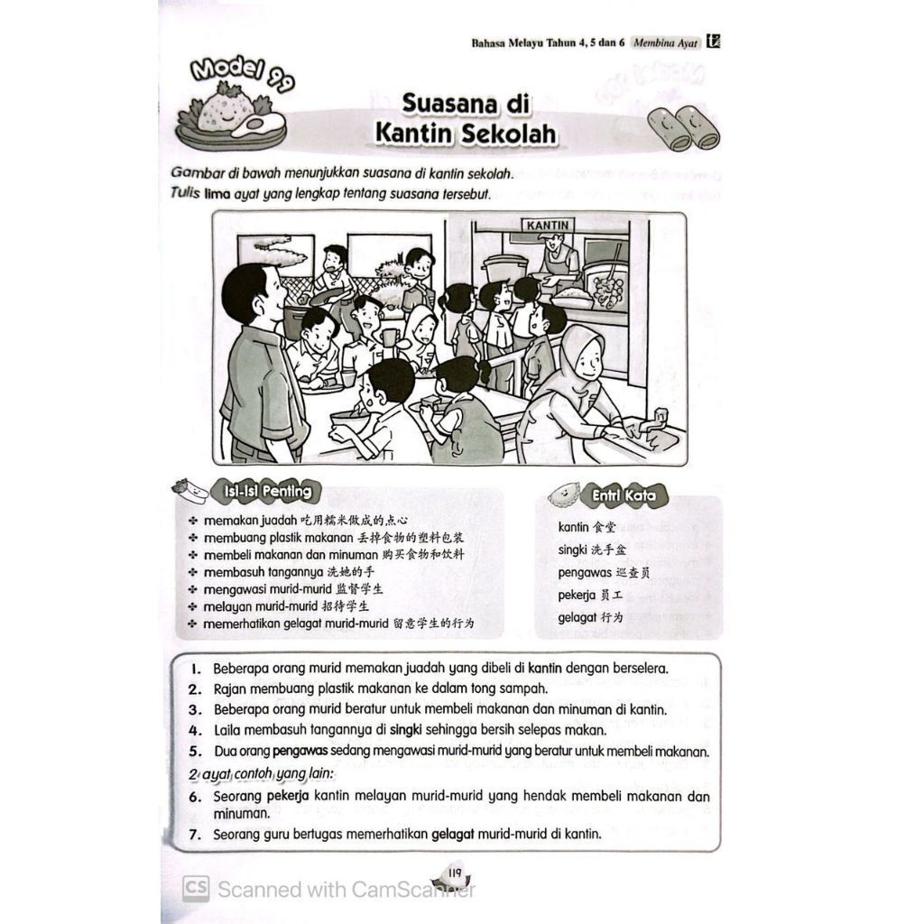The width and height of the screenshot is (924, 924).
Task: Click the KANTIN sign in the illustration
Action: (x=548, y=226)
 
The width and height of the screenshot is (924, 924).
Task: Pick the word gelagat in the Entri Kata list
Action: (x=578, y=618)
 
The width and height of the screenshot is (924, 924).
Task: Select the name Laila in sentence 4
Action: (x=227, y=730)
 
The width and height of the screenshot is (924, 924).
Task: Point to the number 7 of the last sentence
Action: (x=194, y=835)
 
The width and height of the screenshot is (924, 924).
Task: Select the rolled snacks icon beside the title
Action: (x=684, y=126)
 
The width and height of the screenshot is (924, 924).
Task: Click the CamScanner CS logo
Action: (x=196, y=889)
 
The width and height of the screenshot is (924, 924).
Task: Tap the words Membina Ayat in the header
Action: (x=666, y=42)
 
